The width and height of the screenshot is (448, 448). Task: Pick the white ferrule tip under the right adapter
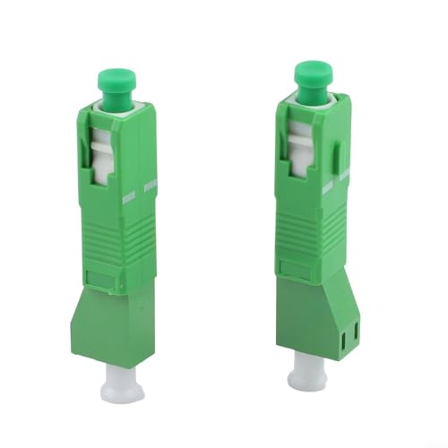click(x=308, y=369)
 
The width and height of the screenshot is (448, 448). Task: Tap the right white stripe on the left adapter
click(x=149, y=185)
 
